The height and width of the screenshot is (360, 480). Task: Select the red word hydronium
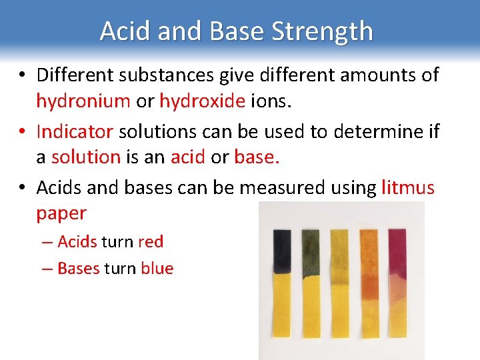(83, 101)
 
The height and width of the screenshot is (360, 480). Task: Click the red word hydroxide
(202, 101)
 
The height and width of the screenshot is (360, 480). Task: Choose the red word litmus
(408, 188)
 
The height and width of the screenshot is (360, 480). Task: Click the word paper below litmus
(61, 213)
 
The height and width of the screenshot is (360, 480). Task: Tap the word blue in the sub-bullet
(157, 269)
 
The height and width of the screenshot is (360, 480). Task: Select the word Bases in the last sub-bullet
(79, 269)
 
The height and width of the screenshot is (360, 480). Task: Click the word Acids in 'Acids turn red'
(77, 241)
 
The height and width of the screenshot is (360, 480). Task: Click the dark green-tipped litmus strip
(311, 287)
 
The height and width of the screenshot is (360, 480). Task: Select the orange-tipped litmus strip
(370, 287)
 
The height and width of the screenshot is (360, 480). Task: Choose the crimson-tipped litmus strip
(399, 287)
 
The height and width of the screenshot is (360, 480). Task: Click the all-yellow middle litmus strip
(340, 287)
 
